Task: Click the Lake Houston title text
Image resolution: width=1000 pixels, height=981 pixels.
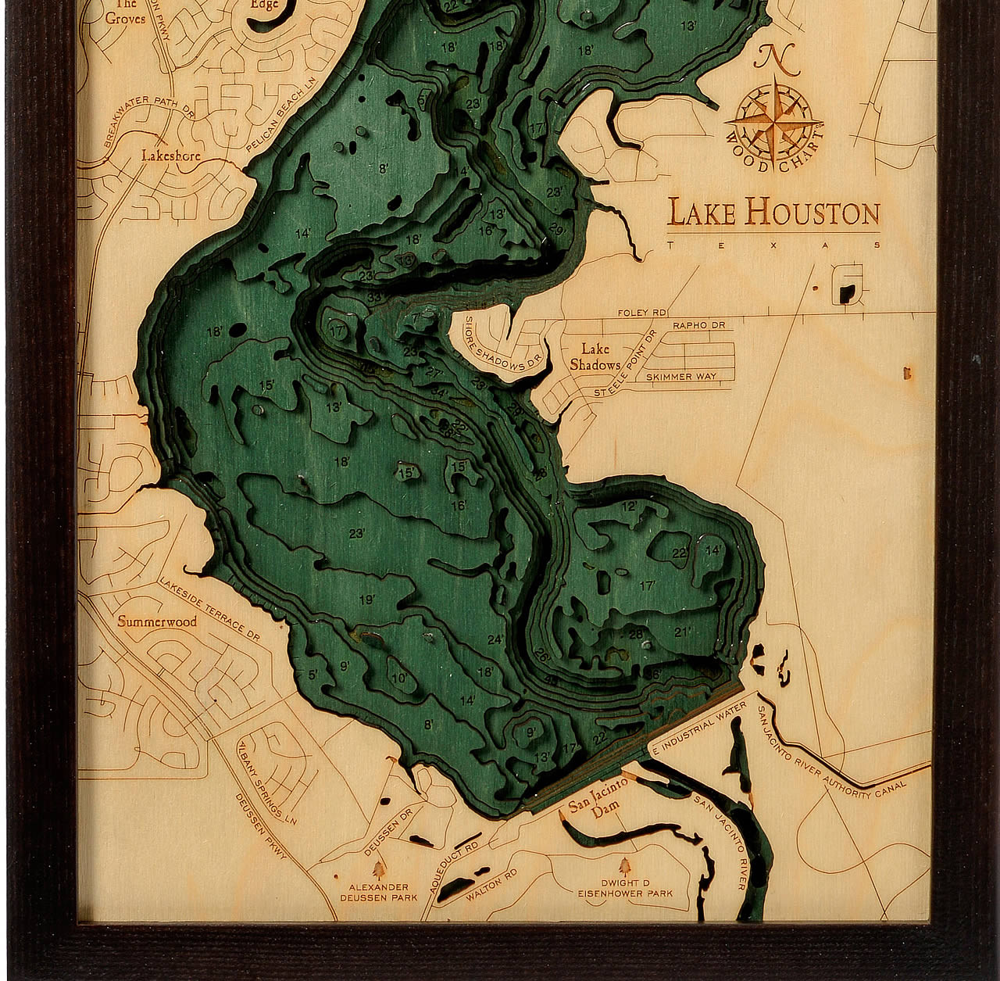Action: pos(773,213)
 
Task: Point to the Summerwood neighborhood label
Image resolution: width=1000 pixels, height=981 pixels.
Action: pos(157,622)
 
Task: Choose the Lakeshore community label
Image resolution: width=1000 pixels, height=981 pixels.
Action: pos(170,156)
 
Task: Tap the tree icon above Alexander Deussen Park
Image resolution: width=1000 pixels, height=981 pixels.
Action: pos(380,868)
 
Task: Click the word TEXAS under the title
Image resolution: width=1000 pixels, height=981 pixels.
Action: pos(773,245)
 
